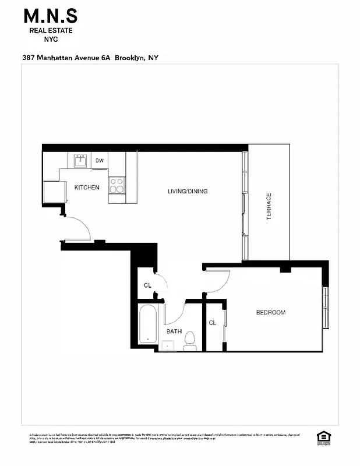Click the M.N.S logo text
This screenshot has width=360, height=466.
pos(51,16)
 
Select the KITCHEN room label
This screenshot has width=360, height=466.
pos(87,188)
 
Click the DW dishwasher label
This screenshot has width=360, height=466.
pos(100,161)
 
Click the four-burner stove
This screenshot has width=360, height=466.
pos(117,185)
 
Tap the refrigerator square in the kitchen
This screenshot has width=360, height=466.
pos(54,192)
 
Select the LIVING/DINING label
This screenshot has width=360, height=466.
pos(188,192)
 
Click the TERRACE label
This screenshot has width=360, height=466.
pos(269,206)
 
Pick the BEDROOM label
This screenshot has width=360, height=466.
pos(271,313)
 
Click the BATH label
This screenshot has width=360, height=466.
pos(174,331)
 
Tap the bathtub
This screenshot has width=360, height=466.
pos(147,325)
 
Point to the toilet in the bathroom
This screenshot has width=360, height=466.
pos(189,345)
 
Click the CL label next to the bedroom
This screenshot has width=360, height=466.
pos(213,323)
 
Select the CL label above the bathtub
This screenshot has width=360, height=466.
pos(147,285)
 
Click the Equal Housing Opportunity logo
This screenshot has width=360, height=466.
pos(323,437)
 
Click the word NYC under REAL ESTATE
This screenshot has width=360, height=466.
pos(51,39)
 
